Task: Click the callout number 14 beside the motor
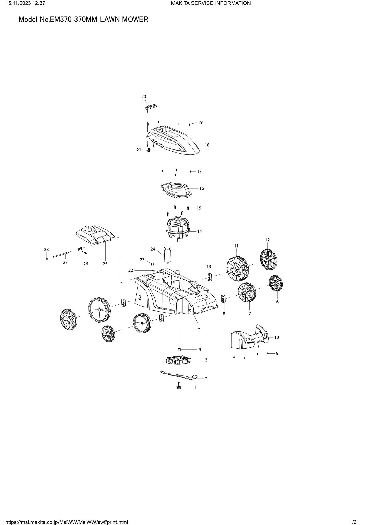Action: point(200,231)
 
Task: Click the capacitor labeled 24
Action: point(167,255)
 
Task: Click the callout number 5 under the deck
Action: point(199,327)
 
